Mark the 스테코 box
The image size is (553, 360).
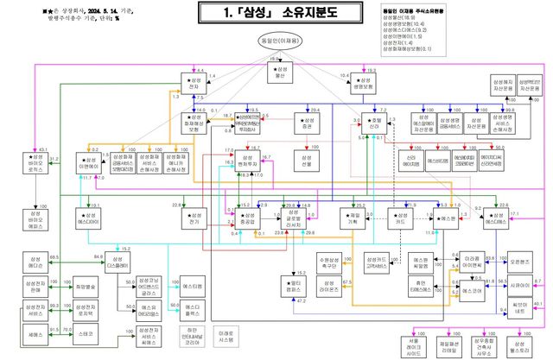[x=86, y=332]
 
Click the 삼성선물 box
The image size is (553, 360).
[x=304, y=160]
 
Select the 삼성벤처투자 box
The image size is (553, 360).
[x=250, y=160]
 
